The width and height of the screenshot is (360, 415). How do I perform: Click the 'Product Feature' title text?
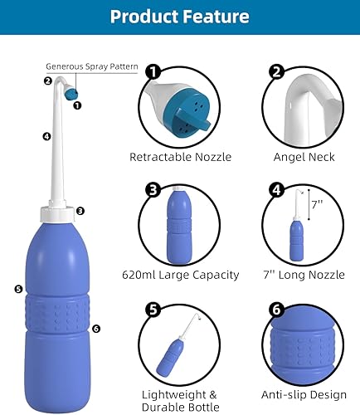[179, 17]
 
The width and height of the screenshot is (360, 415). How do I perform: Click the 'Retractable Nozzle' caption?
[181, 156]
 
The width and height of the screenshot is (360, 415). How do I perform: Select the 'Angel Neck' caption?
[304, 156]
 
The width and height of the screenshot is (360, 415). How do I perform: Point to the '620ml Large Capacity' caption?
[181, 275]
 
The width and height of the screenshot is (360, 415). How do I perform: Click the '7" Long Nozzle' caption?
[304, 275]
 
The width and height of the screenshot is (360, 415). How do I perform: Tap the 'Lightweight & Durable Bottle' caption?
[181, 401]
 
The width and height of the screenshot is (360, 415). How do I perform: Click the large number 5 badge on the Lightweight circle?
[152, 310]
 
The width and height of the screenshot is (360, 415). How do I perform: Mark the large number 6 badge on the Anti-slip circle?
[277, 310]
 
